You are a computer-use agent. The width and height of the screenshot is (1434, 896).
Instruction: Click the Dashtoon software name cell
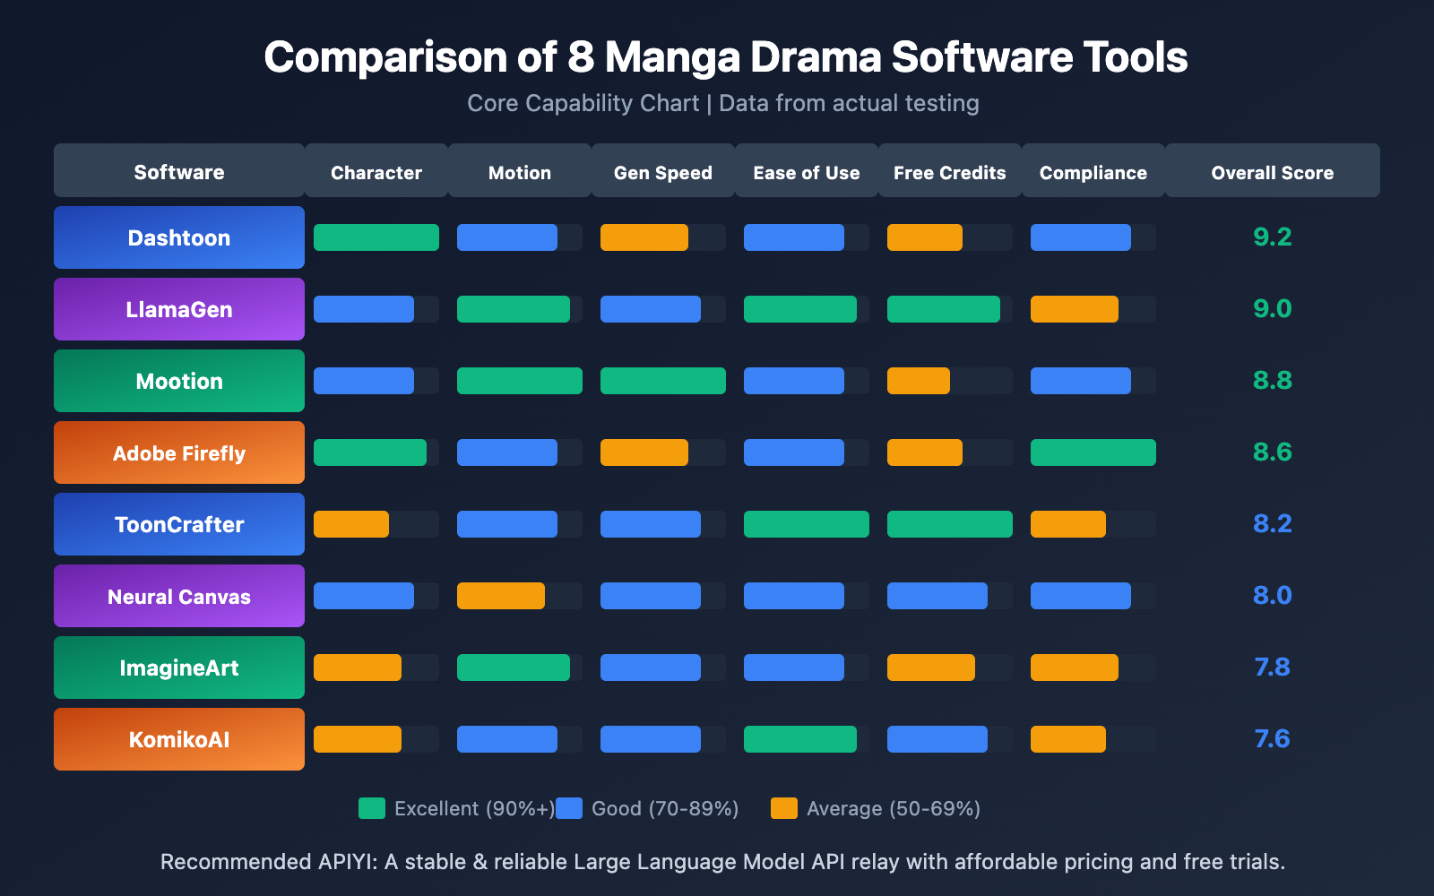[x=179, y=237]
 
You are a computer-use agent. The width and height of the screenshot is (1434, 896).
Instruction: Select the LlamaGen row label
[x=179, y=309]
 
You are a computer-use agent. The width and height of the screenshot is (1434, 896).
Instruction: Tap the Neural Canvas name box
[x=179, y=596]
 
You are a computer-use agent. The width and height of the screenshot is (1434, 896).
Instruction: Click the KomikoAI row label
[x=179, y=739]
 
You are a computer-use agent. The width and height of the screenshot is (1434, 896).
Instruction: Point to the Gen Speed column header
[x=663, y=172]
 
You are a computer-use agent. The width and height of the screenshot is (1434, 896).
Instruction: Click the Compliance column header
[x=1093, y=172]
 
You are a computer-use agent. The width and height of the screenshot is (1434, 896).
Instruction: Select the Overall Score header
[x=1272, y=172]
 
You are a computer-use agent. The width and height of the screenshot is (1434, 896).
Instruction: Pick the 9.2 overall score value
[x=1272, y=237]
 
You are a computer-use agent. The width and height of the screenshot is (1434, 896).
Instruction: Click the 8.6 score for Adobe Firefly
[x=1272, y=452]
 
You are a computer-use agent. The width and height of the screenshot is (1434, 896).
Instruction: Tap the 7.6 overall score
[x=1272, y=738]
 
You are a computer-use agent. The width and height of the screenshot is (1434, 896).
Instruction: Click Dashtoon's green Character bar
[x=376, y=237]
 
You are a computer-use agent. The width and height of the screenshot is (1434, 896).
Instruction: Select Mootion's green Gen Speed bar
[x=663, y=381]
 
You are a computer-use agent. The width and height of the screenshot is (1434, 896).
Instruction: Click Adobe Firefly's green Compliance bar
[x=1093, y=452]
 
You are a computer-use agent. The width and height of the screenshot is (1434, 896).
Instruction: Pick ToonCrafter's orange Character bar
[x=351, y=524]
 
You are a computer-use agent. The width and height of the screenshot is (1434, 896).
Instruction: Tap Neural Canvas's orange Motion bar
[x=501, y=596]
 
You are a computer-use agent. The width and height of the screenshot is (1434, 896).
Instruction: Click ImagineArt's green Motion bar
[x=514, y=668]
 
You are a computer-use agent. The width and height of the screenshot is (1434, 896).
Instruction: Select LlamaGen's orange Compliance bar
[x=1075, y=309]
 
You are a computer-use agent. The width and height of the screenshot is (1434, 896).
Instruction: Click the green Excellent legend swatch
[x=372, y=808]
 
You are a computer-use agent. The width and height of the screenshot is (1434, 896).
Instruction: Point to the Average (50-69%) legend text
[x=894, y=808]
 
